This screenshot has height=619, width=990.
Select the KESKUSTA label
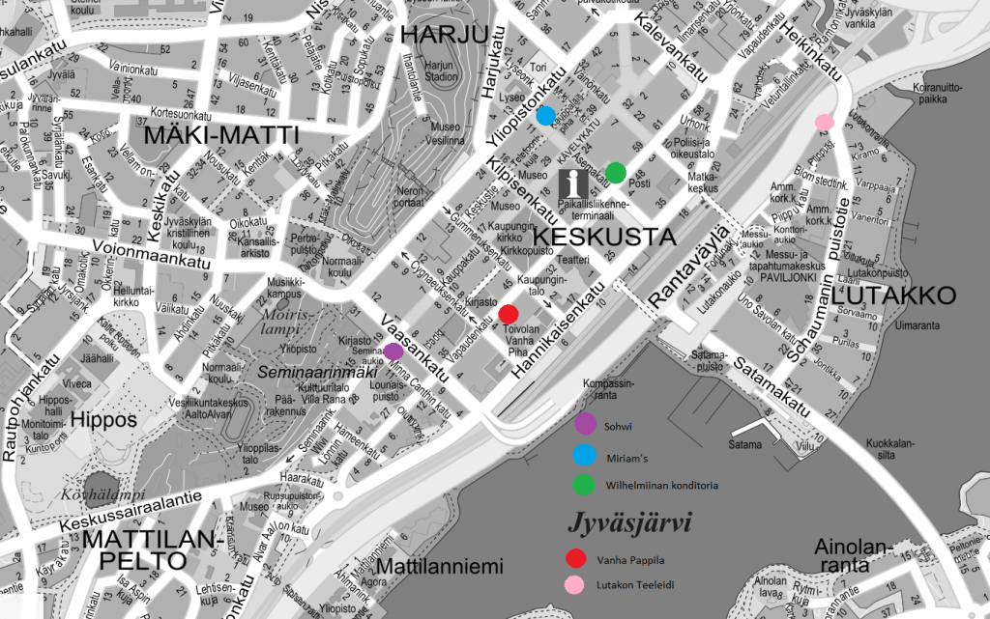tap(590, 237)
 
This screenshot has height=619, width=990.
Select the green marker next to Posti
tap(616, 173)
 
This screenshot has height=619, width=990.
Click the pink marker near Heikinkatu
tap(824, 123)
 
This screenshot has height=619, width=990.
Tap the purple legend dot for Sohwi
tap(585, 423)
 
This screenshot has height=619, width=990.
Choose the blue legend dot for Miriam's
tap(585, 455)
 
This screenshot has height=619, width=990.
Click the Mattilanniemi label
tap(439, 565)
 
